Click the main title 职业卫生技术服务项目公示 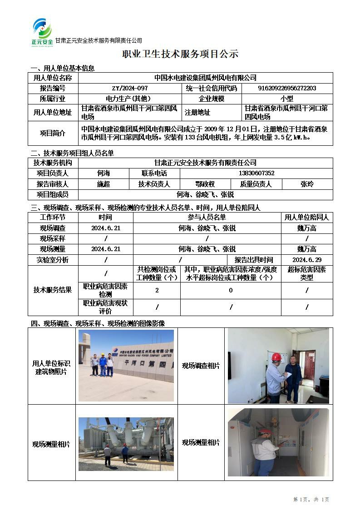pyautogui.click(x=180, y=54)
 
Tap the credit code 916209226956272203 pyautogui.click(x=287, y=88)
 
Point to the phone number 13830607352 pyautogui.click(x=256, y=173)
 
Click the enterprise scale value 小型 pyautogui.click(x=287, y=99)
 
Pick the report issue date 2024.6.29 pyautogui.click(x=307, y=260)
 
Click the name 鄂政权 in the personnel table pyautogui.click(x=205, y=184)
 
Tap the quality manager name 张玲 pyautogui.click(x=307, y=184)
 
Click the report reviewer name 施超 pyautogui.click(x=104, y=184)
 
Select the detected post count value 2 pyautogui.click(x=157, y=290)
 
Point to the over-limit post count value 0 pyautogui.click(x=231, y=290)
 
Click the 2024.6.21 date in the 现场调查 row pyautogui.click(x=106, y=228)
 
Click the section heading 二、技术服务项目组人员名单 pyautogui.click(x=72, y=153)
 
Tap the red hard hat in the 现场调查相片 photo pyautogui.click(x=276, y=357)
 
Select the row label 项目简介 pyautogui.click(x=53, y=133)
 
